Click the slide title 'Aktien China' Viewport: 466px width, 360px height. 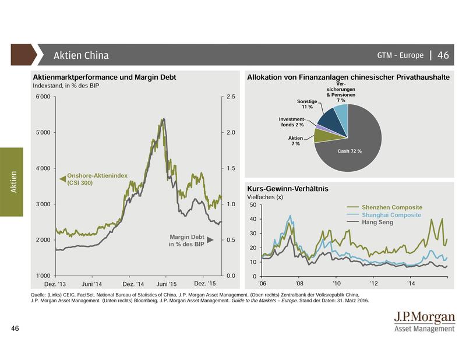click(81, 55)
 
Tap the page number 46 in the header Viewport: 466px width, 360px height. click(443, 55)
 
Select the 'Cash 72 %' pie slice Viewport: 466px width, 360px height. click(352, 146)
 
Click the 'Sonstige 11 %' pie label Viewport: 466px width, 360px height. click(306, 104)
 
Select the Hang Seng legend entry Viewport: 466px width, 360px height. click(377, 223)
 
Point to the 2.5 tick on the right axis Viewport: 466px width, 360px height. click(230, 97)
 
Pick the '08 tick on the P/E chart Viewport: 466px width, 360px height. click(298, 284)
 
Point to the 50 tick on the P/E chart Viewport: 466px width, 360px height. click(252, 205)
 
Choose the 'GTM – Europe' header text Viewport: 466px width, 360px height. click(400, 55)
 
